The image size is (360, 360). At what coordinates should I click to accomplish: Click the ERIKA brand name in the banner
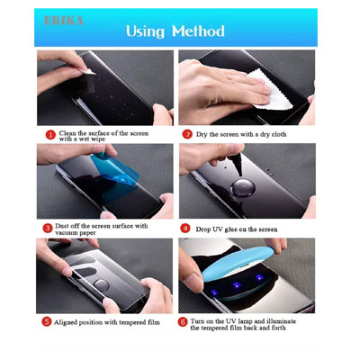coord(59,18)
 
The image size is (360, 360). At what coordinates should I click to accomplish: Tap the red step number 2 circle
coord(187,135)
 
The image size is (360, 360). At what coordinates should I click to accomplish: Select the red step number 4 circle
coord(186,228)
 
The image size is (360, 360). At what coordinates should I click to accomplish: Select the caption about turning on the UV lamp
coord(245,325)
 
